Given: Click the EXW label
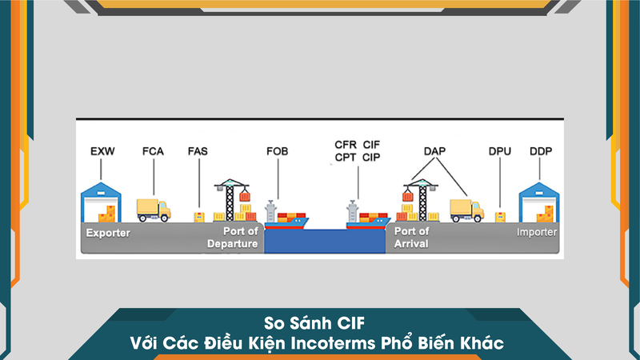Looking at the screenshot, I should [102, 151].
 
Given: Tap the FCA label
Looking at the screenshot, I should [153, 151].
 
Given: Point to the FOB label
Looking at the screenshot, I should [276, 151].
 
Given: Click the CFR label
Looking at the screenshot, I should [346, 144].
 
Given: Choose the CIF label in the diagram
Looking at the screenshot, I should [372, 144].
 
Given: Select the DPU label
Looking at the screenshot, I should [499, 151].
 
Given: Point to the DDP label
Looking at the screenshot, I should [541, 151].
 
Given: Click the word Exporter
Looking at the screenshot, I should [108, 234].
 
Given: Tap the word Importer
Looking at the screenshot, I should [536, 233].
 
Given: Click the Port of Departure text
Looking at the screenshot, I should [234, 238].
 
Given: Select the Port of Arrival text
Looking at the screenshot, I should [412, 238].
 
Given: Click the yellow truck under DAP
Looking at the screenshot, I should [466, 210].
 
